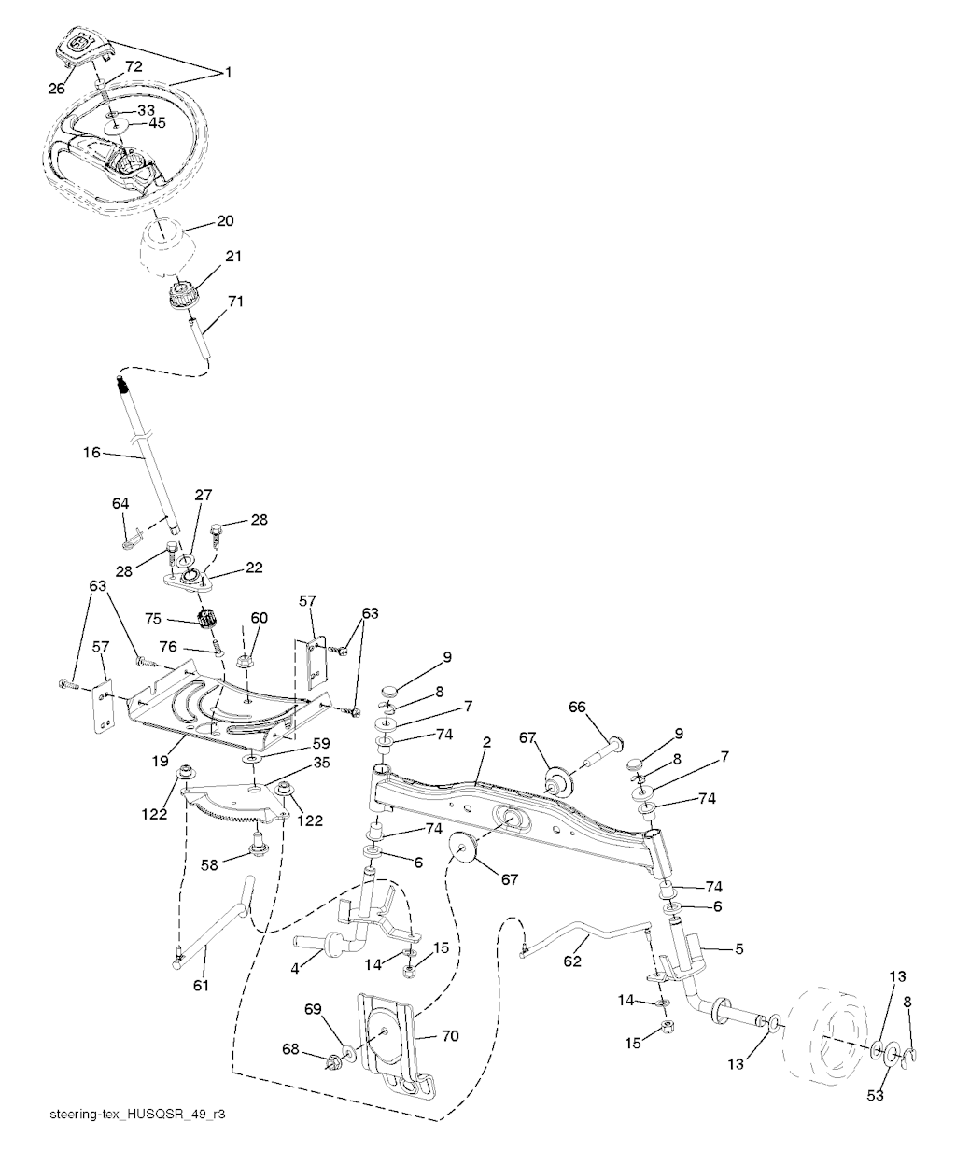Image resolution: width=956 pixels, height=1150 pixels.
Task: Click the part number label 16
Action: tap(91, 452)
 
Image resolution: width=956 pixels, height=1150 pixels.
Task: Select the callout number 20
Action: tap(225, 221)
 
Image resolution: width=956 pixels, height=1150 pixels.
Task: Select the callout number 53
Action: tap(875, 1094)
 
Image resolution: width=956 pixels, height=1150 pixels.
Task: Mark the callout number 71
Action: tap(235, 301)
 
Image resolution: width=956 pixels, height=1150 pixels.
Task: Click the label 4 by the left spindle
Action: tap(295, 968)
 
